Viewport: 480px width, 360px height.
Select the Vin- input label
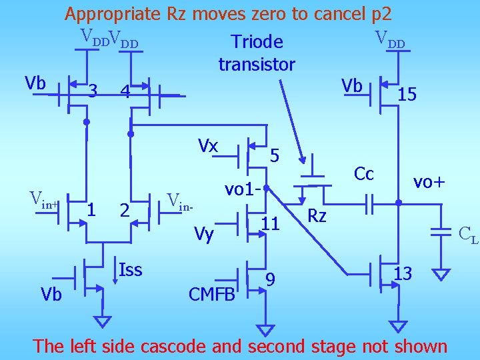(180, 201)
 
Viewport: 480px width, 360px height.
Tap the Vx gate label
(209, 145)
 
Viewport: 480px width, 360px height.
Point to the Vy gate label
(204, 233)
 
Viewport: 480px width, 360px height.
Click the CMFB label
(212, 294)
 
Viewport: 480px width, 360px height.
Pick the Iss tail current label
(130, 269)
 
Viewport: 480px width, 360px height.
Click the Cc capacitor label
(364, 174)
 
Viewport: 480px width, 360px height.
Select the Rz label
(317, 215)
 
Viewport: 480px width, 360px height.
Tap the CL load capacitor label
(468, 234)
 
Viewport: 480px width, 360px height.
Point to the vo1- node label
(241, 189)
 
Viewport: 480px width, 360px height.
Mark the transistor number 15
(407, 95)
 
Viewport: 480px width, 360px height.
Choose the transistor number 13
(403, 273)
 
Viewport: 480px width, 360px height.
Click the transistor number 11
(270, 223)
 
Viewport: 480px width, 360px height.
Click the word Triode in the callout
(257, 42)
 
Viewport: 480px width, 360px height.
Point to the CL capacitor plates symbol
(441, 232)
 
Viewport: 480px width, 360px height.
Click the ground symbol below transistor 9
(265, 329)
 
